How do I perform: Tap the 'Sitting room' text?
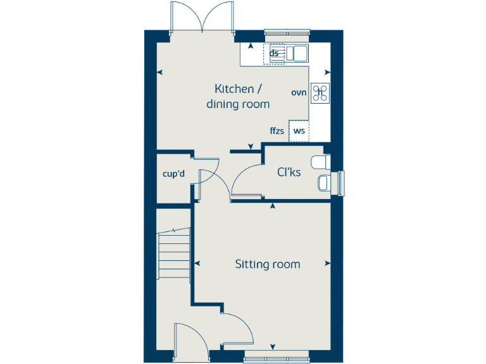click(x=267, y=264)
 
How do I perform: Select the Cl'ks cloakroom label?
click(x=289, y=171)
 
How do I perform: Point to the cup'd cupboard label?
click(x=173, y=174)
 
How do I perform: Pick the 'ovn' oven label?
click(x=299, y=92)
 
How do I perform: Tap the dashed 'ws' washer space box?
click(x=299, y=131)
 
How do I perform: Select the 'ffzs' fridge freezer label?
click(x=277, y=131)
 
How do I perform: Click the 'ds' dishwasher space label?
click(x=274, y=53)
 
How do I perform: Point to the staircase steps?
click(x=174, y=253)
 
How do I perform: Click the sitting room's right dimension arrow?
click(x=327, y=264)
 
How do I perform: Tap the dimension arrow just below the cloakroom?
click(x=273, y=206)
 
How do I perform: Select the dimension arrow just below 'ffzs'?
click(x=251, y=147)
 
